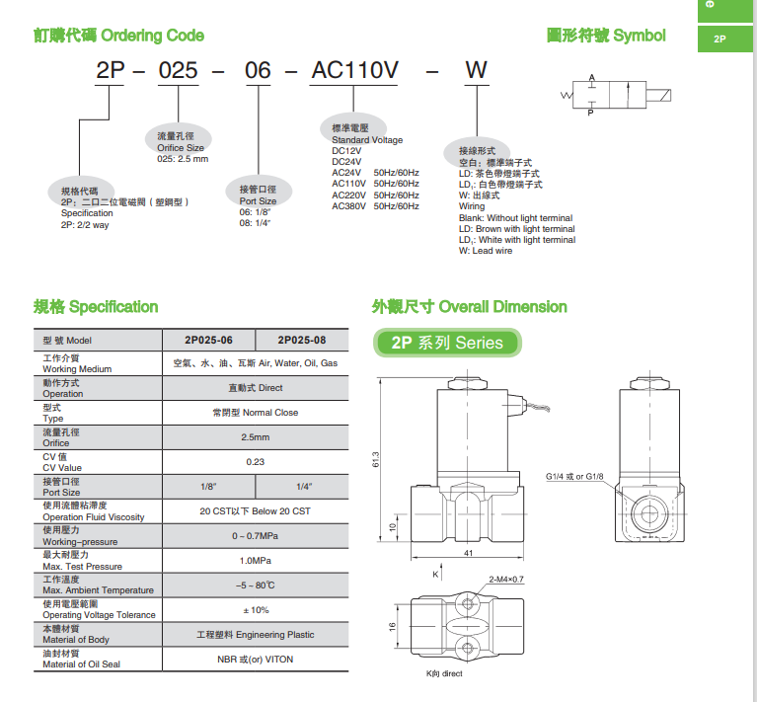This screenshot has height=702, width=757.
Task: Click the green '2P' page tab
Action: click(719, 39)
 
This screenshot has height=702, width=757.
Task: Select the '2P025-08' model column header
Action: click(301, 341)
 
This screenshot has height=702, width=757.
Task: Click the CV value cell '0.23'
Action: click(255, 462)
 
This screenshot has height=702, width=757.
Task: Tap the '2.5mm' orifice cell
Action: click(255, 437)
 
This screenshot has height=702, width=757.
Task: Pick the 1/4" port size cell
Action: click(303, 487)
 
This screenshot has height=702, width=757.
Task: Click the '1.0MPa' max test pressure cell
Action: click(255, 560)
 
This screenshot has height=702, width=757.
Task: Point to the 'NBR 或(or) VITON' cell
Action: click(255, 659)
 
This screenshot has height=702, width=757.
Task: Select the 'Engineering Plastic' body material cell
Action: click(255, 634)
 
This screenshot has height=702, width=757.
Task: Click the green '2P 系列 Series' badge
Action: click(447, 344)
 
